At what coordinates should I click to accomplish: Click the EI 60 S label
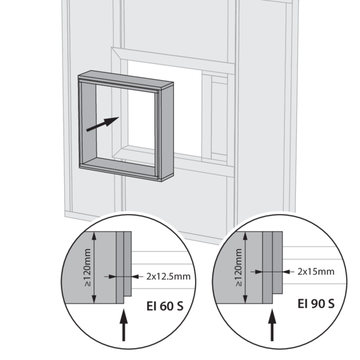tap(165, 306)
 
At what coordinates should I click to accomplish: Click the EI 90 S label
tap(316, 304)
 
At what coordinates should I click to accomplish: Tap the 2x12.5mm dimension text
tap(169, 277)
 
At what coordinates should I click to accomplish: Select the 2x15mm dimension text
tap(316, 272)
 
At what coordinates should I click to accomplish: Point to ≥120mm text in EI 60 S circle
tap(88, 268)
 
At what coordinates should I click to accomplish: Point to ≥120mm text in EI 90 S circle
tap(239, 268)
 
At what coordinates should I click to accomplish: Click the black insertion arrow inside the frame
tap(103, 124)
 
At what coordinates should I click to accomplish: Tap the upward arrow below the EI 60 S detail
tap(124, 325)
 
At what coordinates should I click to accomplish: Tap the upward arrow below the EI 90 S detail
tap(272, 325)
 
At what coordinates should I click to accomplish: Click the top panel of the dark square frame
tap(126, 79)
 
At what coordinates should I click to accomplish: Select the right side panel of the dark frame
tap(167, 131)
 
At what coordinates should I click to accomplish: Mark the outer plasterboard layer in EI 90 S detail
tap(278, 262)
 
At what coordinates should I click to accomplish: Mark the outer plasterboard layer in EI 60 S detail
tap(128, 264)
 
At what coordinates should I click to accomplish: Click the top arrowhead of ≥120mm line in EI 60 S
tap(94, 236)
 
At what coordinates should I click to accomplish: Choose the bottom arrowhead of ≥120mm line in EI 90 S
tap(245, 299)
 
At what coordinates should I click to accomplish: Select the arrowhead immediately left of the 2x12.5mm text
tap(136, 277)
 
